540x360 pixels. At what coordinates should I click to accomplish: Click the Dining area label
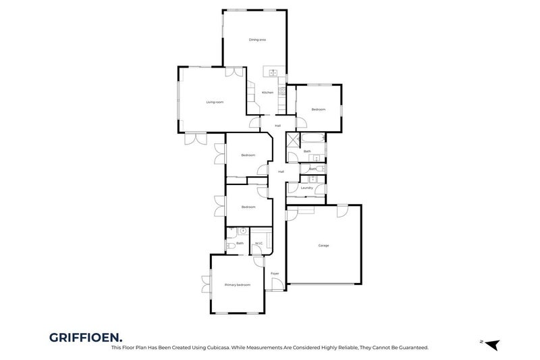[257, 40]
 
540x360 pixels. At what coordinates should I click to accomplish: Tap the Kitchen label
[267, 92]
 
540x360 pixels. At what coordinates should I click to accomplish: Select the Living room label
[215, 102]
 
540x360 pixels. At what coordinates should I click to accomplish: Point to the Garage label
[324, 245]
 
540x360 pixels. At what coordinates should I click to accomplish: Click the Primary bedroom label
[237, 285]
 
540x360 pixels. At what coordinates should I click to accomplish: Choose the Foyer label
[275, 274]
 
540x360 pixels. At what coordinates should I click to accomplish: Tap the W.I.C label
[259, 244]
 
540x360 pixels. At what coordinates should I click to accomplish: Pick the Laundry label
[306, 188]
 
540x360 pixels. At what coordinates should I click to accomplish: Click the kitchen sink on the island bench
[273, 72]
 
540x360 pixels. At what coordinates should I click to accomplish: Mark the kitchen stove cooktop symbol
[282, 89]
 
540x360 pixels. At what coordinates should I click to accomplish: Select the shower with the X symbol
[293, 140]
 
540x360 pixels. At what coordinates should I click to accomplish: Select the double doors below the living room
[195, 138]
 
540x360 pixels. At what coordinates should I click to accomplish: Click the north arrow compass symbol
[492, 344]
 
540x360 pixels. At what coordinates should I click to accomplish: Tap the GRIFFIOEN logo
[86, 336]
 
